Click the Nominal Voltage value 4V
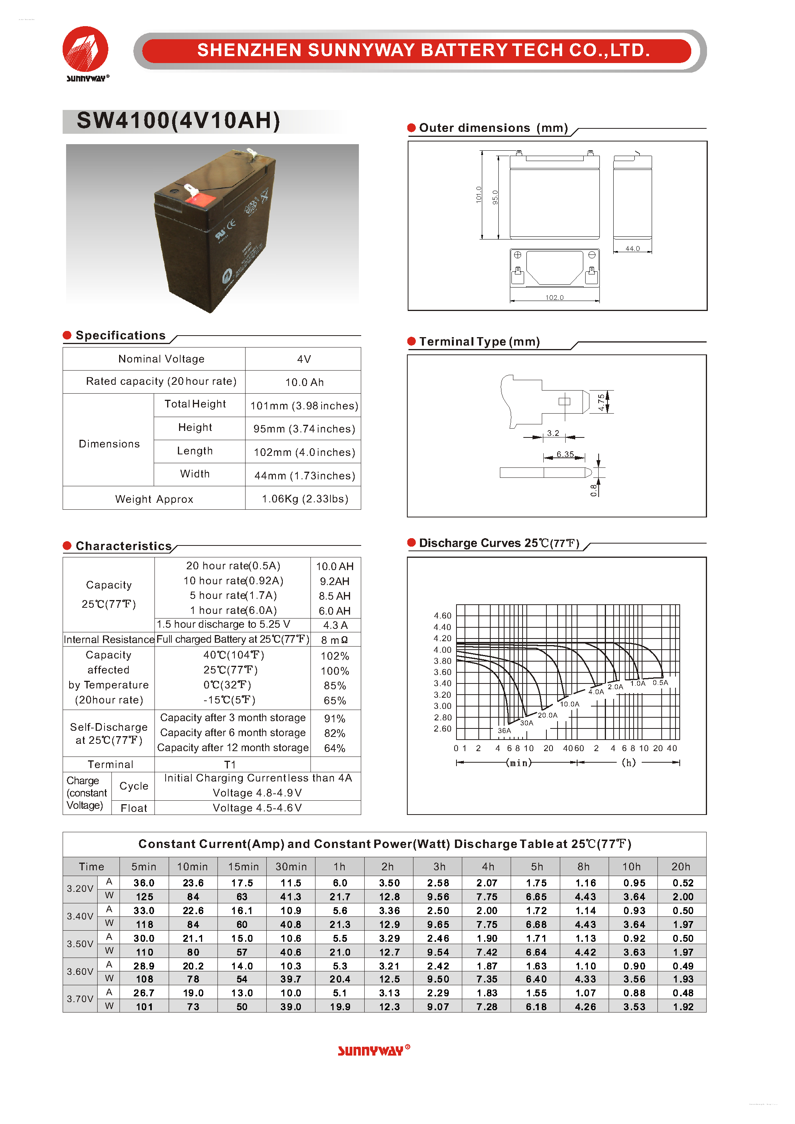(x=304, y=359)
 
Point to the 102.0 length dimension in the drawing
(x=554, y=297)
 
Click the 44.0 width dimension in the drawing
(x=632, y=248)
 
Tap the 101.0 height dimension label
(x=479, y=195)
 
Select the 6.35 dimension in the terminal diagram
(x=564, y=454)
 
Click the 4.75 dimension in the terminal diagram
(x=601, y=402)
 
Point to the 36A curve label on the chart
(x=504, y=730)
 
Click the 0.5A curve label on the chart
(x=660, y=682)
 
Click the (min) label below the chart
(x=518, y=763)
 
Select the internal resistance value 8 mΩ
(x=334, y=640)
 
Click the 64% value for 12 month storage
(x=334, y=748)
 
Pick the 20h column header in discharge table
(x=680, y=866)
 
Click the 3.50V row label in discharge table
(x=80, y=944)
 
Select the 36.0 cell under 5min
(x=144, y=883)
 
